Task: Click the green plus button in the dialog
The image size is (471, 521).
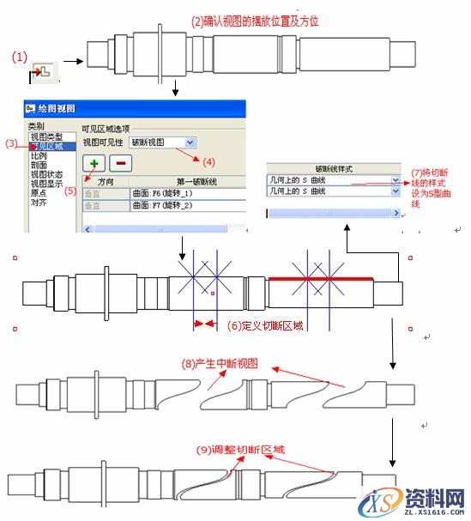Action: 92,163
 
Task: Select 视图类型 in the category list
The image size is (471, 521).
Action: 45,136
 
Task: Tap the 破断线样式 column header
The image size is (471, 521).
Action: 334,169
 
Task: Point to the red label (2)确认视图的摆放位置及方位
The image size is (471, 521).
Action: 255,21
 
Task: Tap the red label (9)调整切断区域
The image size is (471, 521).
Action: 239,449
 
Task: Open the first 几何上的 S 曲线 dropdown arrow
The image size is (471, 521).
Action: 396,180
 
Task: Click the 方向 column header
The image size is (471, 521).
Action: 105,182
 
